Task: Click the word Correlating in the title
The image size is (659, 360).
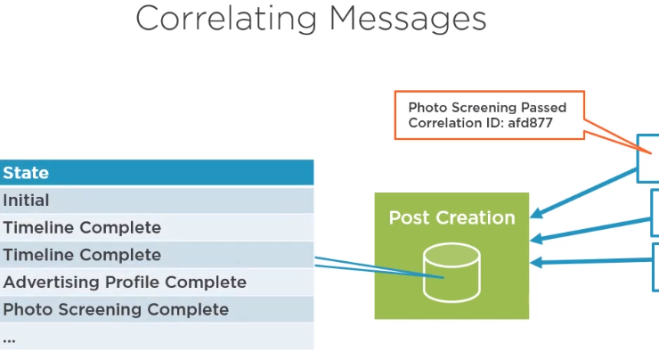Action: pyautogui.click(x=226, y=20)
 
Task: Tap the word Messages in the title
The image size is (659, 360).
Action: pyautogui.click(x=408, y=20)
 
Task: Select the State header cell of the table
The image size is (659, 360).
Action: pyautogui.click(x=157, y=173)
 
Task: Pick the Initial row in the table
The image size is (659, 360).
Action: pyautogui.click(x=157, y=200)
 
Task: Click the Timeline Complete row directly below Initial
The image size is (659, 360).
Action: pyautogui.click(x=157, y=227)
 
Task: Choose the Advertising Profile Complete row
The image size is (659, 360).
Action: pyautogui.click(x=157, y=282)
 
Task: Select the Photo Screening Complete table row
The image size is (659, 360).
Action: pyautogui.click(x=157, y=309)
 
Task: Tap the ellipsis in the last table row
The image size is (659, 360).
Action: pyautogui.click(x=9, y=340)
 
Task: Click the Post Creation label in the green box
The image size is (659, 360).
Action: pyautogui.click(x=452, y=217)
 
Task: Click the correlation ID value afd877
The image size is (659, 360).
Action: pyautogui.click(x=530, y=123)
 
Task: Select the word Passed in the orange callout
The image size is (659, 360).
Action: pyautogui.click(x=544, y=108)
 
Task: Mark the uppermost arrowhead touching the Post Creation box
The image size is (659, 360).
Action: pyautogui.click(x=536, y=213)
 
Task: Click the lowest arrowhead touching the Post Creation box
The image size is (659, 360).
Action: pyautogui.click(x=536, y=263)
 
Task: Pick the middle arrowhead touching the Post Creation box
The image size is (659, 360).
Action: pyautogui.click(x=536, y=240)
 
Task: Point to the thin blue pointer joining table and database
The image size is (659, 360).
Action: pyautogui.click(x=378, y=266)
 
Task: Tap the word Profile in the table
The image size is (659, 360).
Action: pyautogui.click(x=132, y=282)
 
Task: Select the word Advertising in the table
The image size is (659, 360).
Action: pyautogui.click(x=52, y=282)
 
